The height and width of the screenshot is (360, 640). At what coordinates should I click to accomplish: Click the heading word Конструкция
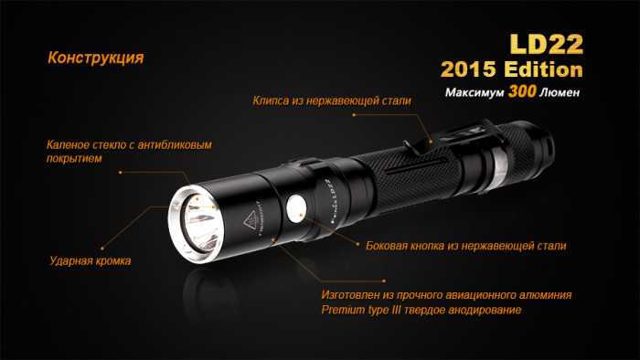tap(95, 58)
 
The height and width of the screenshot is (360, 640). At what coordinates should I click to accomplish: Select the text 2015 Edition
tap(510, 70)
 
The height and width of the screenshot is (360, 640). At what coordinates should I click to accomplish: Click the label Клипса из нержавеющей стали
tap(332, 100)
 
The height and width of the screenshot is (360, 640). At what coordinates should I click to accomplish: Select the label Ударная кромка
tap(90, 261)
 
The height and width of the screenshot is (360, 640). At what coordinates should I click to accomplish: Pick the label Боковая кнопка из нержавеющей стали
tap(465, 246)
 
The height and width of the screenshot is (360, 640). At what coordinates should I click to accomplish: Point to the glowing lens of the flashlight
tap(197, 218)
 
